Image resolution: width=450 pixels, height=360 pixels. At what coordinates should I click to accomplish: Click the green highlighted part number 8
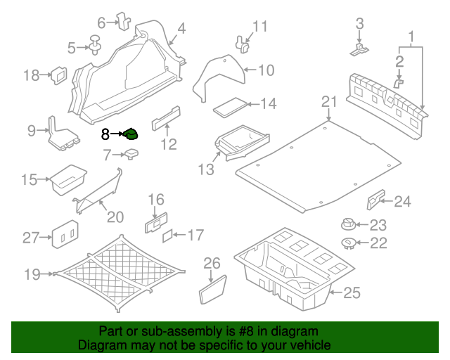[131, 134]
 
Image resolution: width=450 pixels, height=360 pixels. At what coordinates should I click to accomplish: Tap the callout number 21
[330, 103]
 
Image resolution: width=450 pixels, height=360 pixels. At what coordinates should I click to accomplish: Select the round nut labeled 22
[347, 243]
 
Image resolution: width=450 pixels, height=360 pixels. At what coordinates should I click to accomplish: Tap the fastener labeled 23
[347, 225]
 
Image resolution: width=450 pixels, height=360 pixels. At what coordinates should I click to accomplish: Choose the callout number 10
[266, 70]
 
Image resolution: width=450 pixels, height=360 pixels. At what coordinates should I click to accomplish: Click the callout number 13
[205, 169]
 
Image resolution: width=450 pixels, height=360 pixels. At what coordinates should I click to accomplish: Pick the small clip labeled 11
[244, 44]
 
